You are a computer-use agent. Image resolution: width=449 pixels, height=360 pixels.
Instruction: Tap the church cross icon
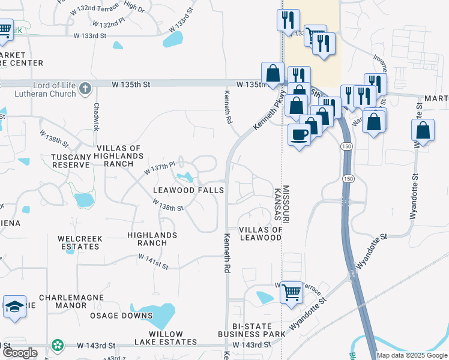coord(85,89)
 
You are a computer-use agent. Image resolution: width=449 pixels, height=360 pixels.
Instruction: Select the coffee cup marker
coord(299,134)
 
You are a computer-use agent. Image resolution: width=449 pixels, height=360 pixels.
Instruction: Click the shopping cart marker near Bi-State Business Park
coord(291,293)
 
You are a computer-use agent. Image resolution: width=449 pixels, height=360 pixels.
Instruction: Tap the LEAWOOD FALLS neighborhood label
coord(188,190)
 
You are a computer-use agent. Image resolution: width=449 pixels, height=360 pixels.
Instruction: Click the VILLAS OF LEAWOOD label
coord(261,234)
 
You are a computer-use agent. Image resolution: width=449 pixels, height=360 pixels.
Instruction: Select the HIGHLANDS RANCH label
coord(152,239)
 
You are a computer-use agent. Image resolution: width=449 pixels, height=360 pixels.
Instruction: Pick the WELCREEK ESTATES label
coord(80,242)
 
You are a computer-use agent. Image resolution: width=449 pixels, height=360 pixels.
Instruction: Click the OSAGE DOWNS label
coord(122,316)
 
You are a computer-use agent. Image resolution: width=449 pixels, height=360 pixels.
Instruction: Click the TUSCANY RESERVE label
coord(71,161)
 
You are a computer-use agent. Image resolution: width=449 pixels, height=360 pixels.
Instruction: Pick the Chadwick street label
coord(95,116)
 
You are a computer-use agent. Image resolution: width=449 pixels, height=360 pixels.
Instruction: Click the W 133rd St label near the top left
coord(90,36)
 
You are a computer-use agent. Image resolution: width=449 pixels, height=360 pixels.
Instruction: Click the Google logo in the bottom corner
coord(20,353)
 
